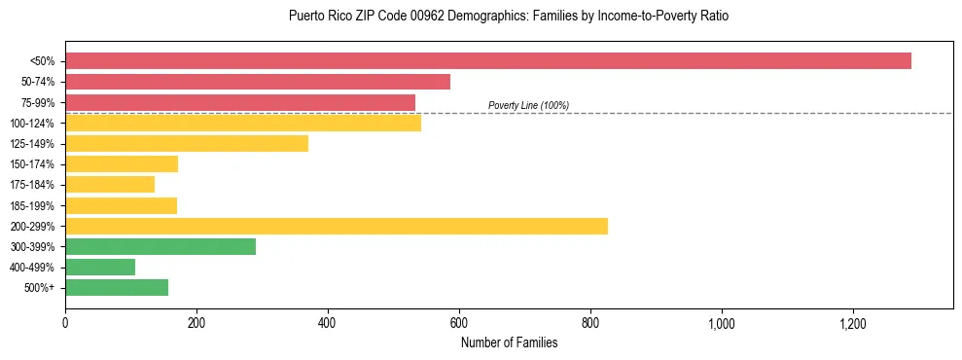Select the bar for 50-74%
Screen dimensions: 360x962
coord(258,82)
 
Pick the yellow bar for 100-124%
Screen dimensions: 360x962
coord(243,123)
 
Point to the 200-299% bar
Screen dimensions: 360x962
coord(337,226)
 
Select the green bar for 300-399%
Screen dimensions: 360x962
coord(160,246)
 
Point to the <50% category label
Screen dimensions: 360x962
coord(42,61)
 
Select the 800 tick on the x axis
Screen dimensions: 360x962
coord(590,322)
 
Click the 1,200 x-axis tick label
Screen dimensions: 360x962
coord(853,322)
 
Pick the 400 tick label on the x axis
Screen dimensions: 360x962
coord(328,322)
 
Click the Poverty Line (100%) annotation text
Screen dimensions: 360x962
coord(528,105)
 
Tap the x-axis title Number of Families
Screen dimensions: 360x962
coord(509,342)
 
